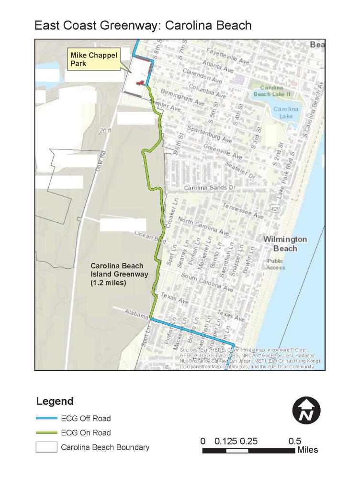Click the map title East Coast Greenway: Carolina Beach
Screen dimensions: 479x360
[143, 25]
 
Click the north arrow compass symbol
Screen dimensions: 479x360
[306, 411]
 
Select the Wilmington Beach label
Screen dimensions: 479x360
[285, 244]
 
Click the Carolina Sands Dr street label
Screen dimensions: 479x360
[210, 188]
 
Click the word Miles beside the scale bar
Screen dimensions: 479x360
[307, 450]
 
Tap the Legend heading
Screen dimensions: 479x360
[55, 401]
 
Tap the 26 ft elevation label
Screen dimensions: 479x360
[106, 130]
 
